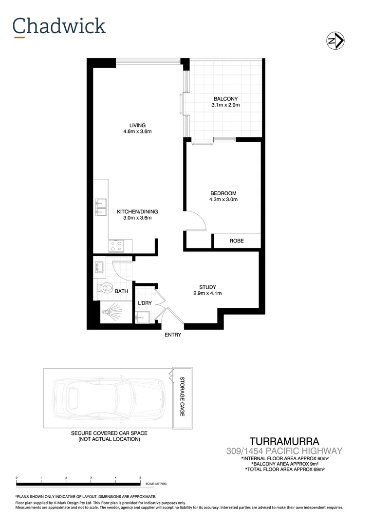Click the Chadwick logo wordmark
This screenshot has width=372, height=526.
click(59, 26)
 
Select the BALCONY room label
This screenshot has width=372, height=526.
click(225, 99)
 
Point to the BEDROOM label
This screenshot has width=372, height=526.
click(223, 193)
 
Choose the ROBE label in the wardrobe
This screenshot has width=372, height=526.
click(237, 241)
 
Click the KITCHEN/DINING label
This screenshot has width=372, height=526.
click(137, 212)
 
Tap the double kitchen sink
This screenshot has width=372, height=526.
click(101, 207)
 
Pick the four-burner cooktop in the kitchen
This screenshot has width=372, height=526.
click(117, 246)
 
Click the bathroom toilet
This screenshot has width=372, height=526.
click(103, 288)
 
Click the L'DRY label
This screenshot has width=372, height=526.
click(145, 303)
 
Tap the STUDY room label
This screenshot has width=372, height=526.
click(207, 287)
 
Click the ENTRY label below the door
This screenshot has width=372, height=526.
click(173, 335)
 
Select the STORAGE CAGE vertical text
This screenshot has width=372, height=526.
click(182, 396)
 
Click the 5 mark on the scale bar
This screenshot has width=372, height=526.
click(140, 478)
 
